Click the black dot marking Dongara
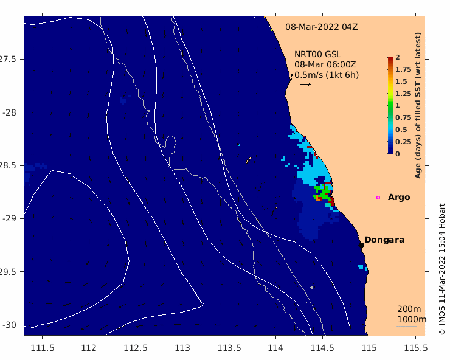[361, 245]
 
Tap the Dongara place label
[384, 240]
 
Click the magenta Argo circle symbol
[378, 198]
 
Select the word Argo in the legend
[399, 198]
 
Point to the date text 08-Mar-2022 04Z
[322, 27]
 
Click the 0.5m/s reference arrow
[306, 84]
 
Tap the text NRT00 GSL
[317, 54]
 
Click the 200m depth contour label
[409, 309]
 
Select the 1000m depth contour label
[412, 319]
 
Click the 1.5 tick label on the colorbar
[401, 81]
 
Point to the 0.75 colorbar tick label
[403, 117]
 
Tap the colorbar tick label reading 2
[398, 57]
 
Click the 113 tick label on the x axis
[182, 348]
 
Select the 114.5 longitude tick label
[322, 348]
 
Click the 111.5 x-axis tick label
[42, 348]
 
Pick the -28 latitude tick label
[10, 112]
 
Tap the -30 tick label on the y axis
[10, 325]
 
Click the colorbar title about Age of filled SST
[418, 105]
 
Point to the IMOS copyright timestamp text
[441, 269]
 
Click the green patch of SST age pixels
[323, 193]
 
